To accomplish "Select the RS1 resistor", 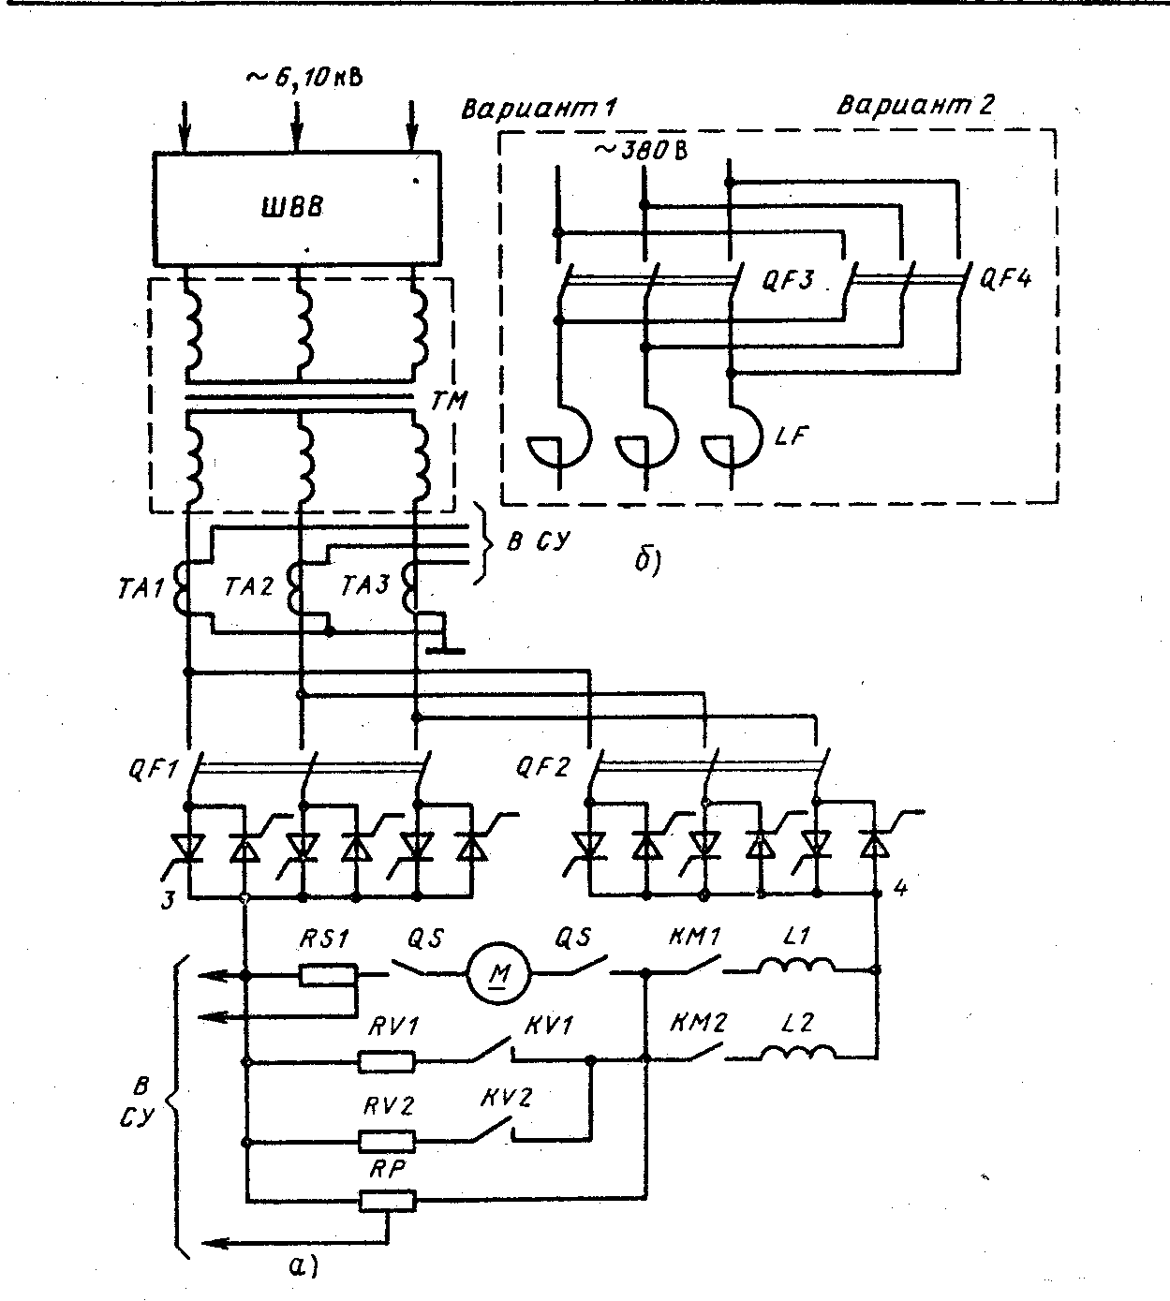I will click(x=328, y=975).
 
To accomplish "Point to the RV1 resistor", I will click(x=387, y=1061).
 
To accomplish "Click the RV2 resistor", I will click(x=387, y=1142).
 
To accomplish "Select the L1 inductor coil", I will click(x=796, y=967).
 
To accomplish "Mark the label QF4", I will click(x=1004, y=278).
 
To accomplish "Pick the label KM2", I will click(x=698, y=1022).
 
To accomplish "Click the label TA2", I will click(x=250, y=586).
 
